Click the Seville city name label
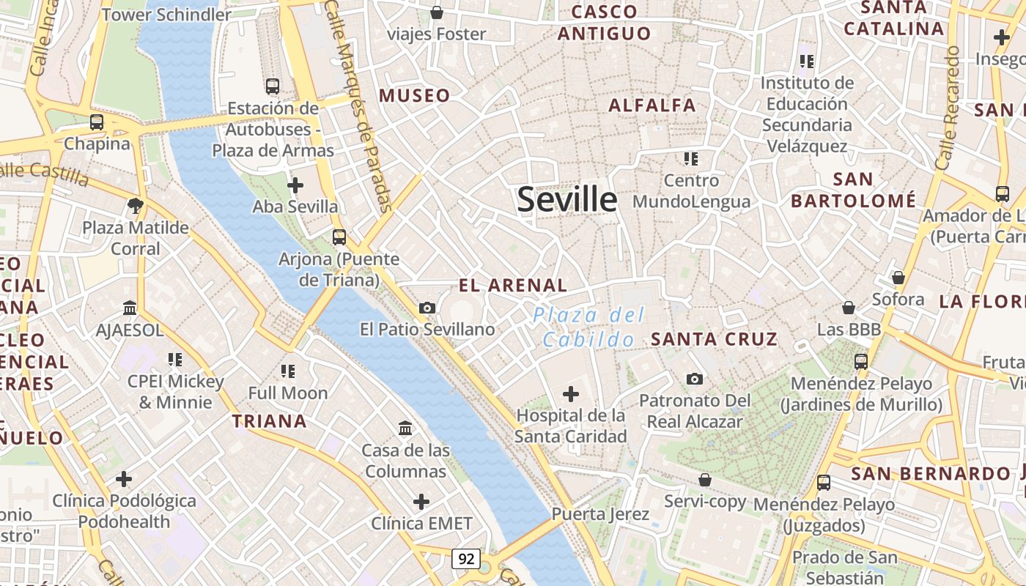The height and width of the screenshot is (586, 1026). [567, 199]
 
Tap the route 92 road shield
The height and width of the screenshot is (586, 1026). [465, 559]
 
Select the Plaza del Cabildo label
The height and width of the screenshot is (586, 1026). [588, 327]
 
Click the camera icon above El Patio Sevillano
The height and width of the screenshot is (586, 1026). [427, 308]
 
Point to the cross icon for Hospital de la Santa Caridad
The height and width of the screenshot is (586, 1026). [571, 395]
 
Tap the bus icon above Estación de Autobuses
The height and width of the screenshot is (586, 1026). [273, 86]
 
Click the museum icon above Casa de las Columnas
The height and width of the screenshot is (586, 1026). [405, 428]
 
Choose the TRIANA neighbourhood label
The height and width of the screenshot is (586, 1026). [270, 421]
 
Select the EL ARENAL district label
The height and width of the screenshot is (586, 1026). [513, 286]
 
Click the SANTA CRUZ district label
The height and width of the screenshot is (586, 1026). [715, 339]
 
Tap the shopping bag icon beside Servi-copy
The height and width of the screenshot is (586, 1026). [704, 480]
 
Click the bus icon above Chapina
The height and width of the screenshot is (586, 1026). [97, 122]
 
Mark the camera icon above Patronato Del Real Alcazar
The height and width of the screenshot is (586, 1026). [695, 379]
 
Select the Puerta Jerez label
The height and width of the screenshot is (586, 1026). [600, 514]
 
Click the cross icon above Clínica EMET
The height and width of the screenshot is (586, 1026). [421, 502]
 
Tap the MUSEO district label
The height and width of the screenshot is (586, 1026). [415, 95]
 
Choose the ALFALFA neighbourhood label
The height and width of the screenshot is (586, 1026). [652, 105]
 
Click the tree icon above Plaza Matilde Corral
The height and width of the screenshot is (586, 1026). [135, 205]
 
